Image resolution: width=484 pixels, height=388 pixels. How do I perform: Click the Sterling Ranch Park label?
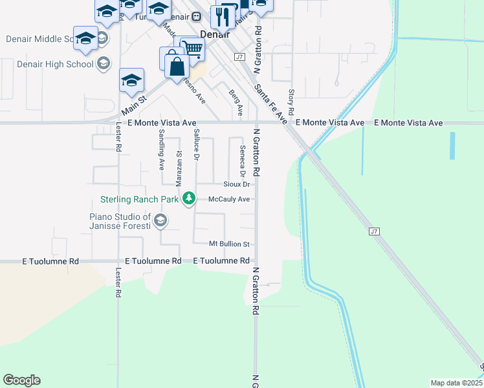(x=139, y=199)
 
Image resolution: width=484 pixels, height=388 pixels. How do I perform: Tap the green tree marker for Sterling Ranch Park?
(x=188, y=198)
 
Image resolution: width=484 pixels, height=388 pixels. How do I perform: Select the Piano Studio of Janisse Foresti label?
(x=120, y=221)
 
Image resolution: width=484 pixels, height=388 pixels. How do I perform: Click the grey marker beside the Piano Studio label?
(x=160, y=222)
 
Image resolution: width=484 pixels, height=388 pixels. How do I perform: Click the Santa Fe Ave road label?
(x=270, y=103)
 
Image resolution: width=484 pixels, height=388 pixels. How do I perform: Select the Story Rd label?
(x=292, y=103)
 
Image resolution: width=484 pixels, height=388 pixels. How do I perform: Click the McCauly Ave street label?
(x=228, y=199)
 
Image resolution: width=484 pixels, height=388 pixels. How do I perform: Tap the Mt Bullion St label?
(x=229, y=244)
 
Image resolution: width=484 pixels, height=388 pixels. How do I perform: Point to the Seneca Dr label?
(x=243, y=161)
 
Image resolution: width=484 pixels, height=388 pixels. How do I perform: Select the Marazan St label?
(x=179, y=169)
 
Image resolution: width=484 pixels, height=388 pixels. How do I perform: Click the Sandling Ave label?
(x=161, y=149)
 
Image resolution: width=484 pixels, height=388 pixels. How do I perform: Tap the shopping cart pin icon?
(x=192, y=48)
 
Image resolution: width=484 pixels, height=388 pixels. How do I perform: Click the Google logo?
(x=21, y=380)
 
